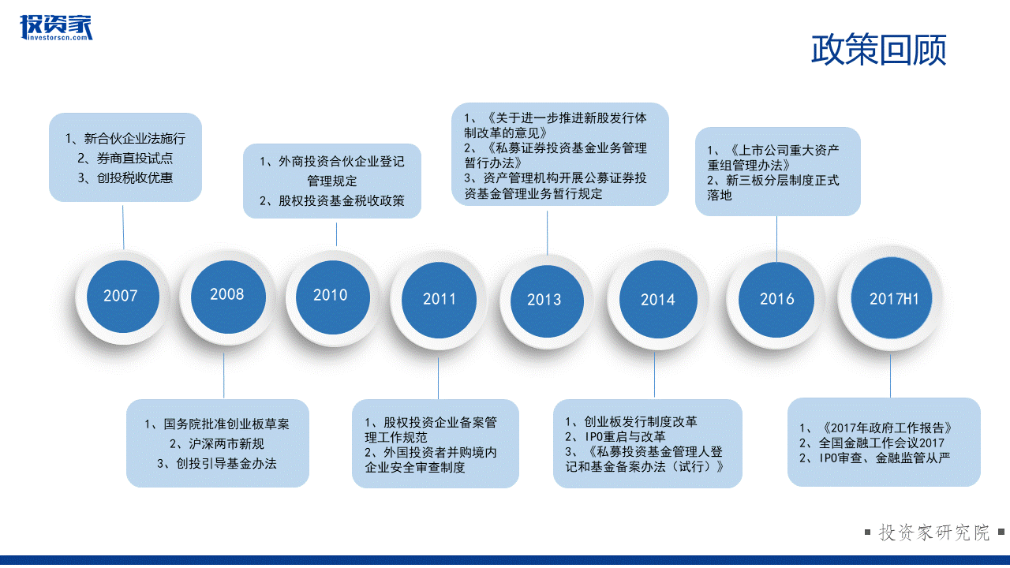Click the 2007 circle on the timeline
point(122,297)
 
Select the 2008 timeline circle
point(228,297)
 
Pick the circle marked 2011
point(439,300)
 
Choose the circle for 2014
point(658,299)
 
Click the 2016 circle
point(776,300)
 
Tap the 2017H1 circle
point(892,298)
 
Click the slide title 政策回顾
point(878,50)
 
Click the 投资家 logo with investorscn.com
point(56,28)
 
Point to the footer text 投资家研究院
point(934,532)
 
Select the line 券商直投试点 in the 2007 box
point(125,159)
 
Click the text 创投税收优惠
point(125,177)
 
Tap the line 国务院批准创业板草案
point(217,424)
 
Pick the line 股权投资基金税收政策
point(332,200)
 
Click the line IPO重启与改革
point(615,436)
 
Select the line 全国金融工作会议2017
point(872,443)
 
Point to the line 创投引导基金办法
point(217,463)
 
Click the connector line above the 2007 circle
point(123,227)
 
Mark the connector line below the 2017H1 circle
point(891,376)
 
